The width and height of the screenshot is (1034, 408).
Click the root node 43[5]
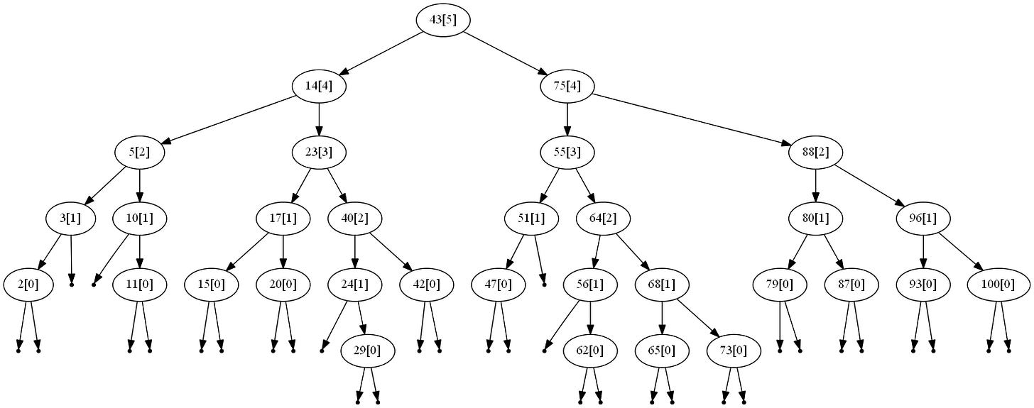(x=443, y=21)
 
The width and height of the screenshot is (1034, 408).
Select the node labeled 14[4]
(x=319, y=87)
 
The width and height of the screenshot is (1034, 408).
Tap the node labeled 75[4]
(x=567, y=87)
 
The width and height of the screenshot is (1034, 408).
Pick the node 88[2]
(x=815, y=152)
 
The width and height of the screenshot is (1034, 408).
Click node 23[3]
(x=319, y=152)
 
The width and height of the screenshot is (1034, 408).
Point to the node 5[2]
(x=140, y=152)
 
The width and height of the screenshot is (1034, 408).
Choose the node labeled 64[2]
(x=603, y=219)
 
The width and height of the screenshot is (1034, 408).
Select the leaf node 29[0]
(x=367, y=351)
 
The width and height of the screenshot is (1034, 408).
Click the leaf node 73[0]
(x=734, y=351)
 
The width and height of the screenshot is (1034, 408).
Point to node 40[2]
(x=354, y=219)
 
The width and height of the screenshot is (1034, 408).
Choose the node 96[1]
(x=923, y=219)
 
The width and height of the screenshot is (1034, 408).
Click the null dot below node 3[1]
(x=72, y=284)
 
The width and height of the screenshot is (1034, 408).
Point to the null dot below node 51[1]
(x=544, y=284)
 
